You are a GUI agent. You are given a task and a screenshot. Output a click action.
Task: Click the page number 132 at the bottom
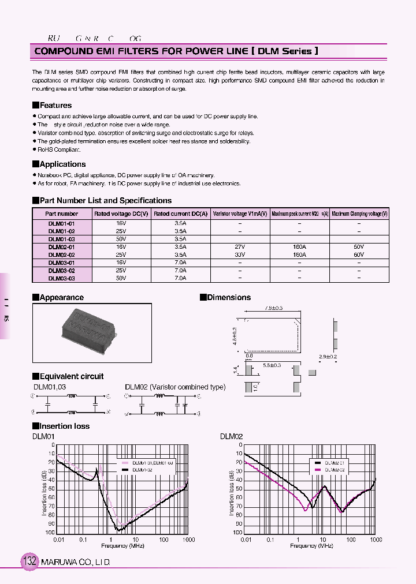tap(29, 561)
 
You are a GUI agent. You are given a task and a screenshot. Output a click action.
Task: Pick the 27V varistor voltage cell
tap(240, 246)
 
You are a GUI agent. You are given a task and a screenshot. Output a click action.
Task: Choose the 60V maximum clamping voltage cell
tap(359, 254)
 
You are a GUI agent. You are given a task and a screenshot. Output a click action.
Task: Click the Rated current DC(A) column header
tap(180, 214)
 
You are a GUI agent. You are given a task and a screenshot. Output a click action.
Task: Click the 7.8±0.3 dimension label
tap(273, 308)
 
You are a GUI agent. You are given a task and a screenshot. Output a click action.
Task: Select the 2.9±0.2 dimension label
tap(327, 357)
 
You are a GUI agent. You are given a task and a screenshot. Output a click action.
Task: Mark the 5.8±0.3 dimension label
tap(272, 365)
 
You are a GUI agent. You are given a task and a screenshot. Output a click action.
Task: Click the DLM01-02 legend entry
tap(142, 470)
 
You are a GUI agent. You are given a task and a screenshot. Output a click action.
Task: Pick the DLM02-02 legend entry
tap(334, 470)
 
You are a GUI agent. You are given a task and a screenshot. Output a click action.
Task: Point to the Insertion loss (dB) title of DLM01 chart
tap(45, 489)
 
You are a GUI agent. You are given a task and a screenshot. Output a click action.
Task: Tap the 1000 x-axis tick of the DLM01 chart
tap(188, 540)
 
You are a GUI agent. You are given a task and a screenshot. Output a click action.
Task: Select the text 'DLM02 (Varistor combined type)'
tap(175, 387)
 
